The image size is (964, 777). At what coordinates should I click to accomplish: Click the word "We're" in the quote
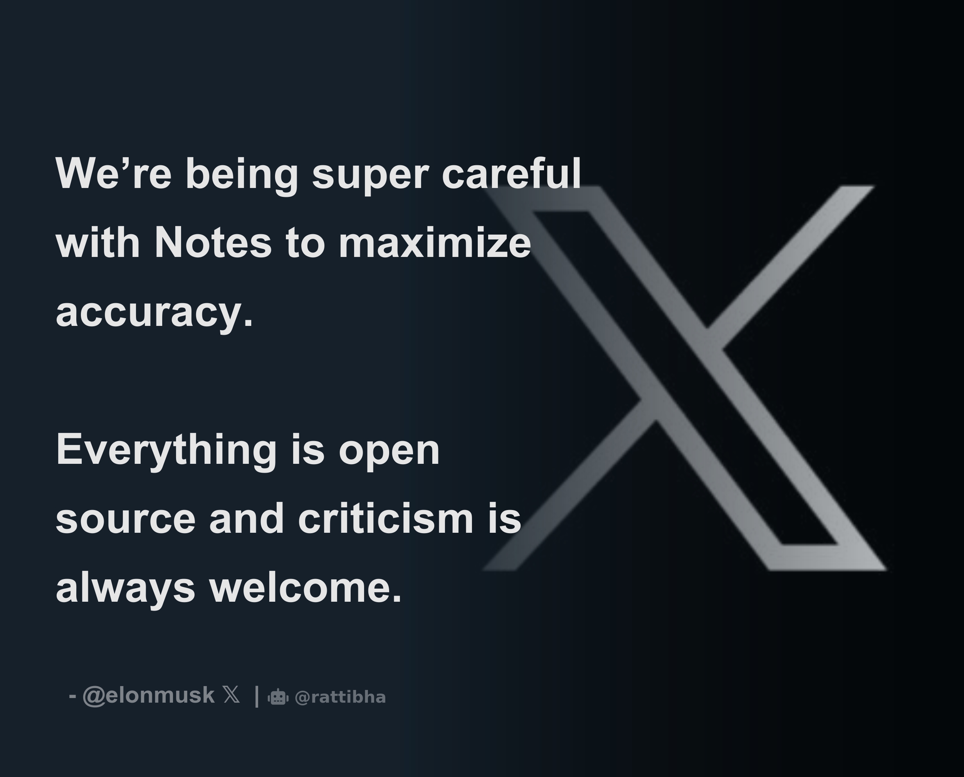tap(113, 174)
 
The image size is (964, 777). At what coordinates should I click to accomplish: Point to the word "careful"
tap(511, 174)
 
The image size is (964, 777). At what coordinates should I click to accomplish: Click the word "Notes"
tap(213, 243)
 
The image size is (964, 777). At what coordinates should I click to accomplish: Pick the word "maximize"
tap(435, 243)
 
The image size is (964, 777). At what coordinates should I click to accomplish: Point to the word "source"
tap(125, 519)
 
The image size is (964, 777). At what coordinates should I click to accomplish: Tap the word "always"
tap(125, 589)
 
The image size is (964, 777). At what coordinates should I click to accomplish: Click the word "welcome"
tap(305, 588)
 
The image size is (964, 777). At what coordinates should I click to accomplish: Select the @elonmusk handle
tap(149, 696)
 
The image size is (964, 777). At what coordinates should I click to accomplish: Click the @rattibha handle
tap(340, 697)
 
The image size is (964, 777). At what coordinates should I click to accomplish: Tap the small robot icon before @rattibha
tap(278, 697)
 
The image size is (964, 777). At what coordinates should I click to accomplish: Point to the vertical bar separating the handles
tap(257, 696)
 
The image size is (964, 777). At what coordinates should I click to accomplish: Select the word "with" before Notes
tap(97, 243)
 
